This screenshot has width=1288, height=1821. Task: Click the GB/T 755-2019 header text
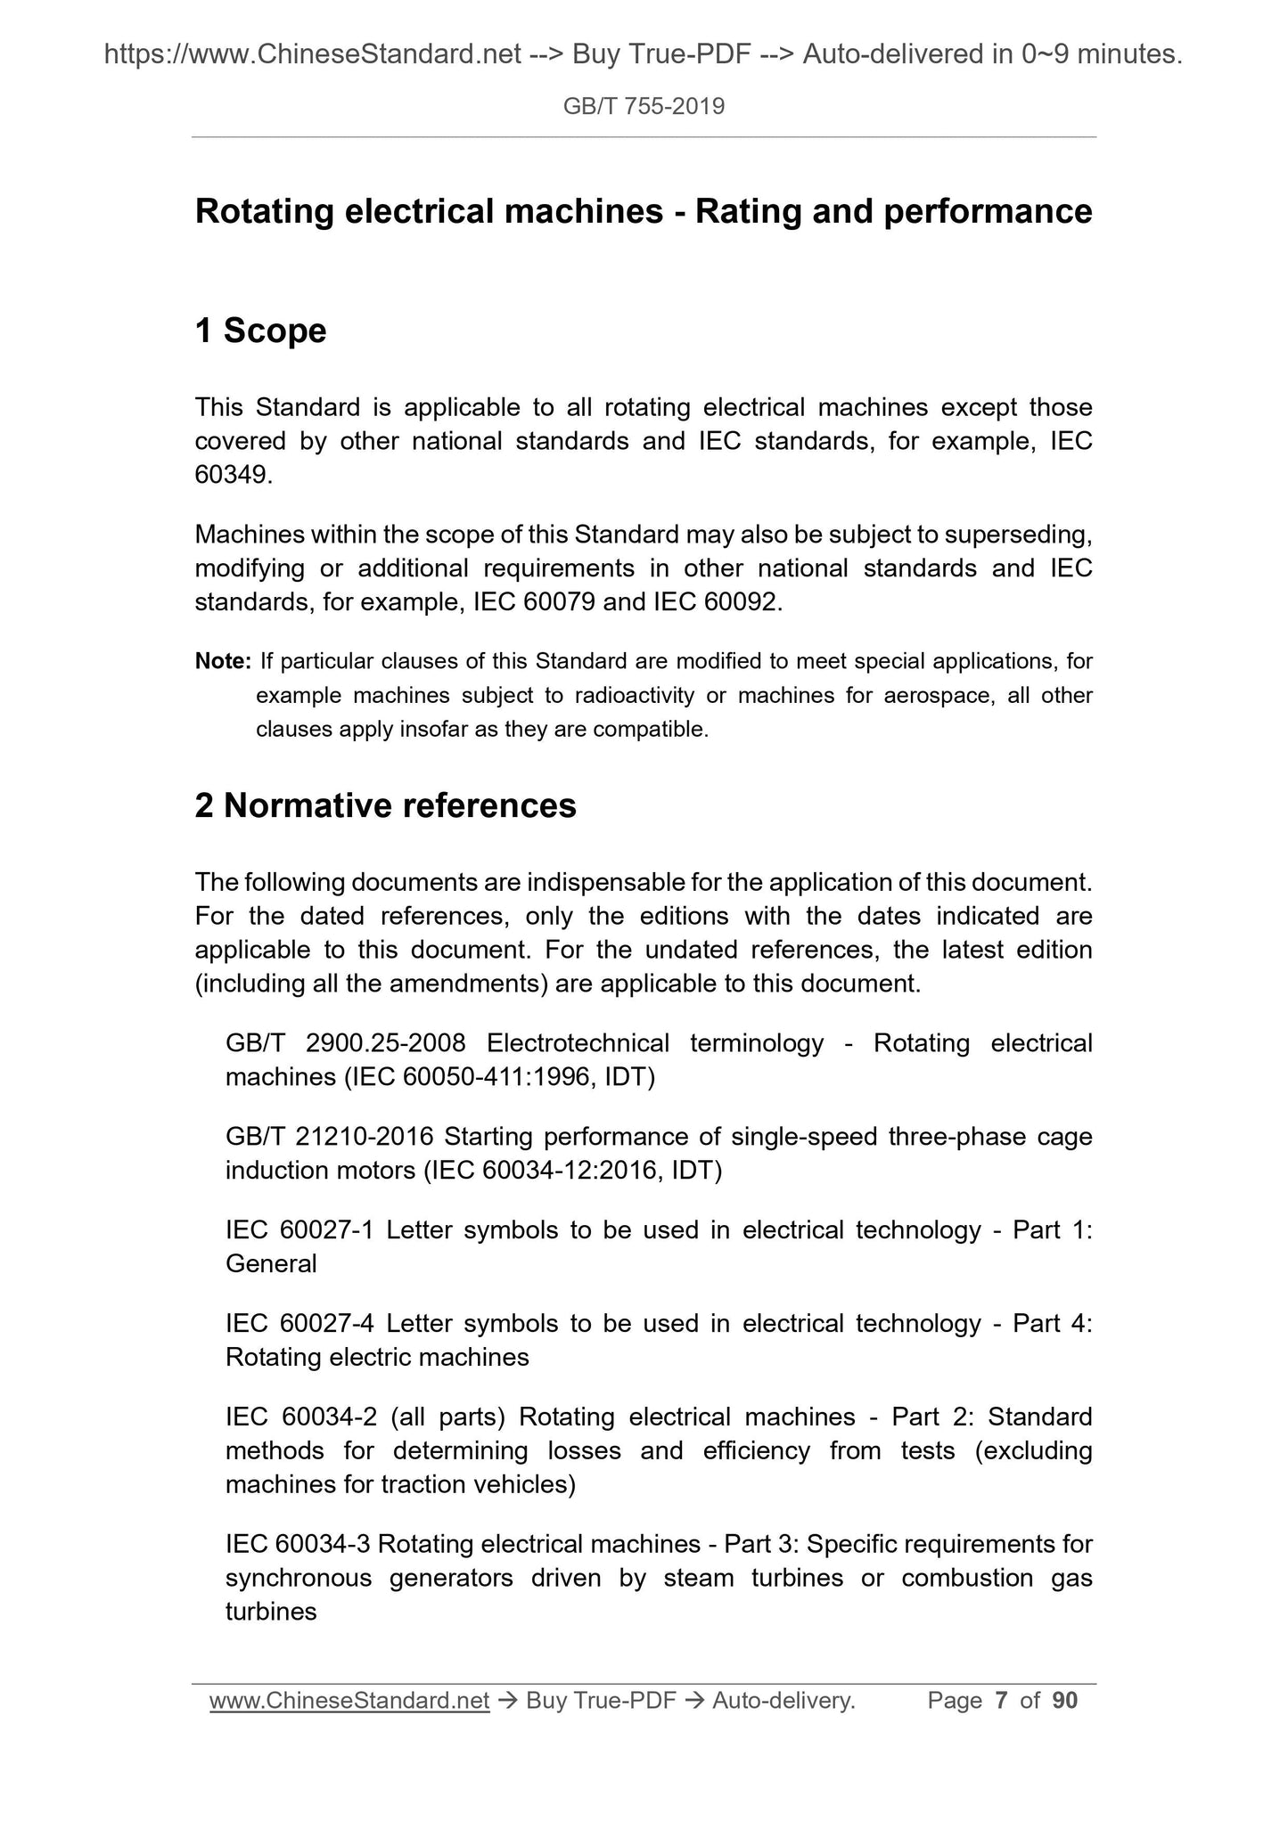(644, 107)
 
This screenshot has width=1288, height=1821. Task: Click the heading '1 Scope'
(260, 331)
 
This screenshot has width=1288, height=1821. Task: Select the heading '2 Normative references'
(385, 805)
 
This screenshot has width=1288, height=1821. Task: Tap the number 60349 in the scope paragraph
(230, 475)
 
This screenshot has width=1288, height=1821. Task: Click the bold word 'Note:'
(223, 661)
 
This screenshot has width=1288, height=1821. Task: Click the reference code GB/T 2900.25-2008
(346, 1043)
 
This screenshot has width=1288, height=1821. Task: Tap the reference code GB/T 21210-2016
(329, 1137)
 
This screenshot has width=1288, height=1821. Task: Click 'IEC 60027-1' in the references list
(299, 1230)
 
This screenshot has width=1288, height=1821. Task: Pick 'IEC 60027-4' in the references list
(299, 1324)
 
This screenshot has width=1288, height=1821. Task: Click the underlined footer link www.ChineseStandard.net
(349, 1701)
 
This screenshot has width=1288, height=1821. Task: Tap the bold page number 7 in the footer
(1001, 1701)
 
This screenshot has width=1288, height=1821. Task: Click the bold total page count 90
(1064, 1701)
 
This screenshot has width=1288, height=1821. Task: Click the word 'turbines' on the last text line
(271, 1612)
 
